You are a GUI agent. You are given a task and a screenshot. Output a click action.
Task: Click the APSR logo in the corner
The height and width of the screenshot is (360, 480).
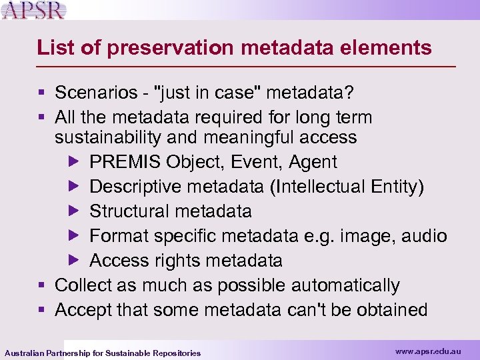(35, 11)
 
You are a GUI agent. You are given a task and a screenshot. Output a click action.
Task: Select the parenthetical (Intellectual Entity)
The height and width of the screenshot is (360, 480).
(347, 187)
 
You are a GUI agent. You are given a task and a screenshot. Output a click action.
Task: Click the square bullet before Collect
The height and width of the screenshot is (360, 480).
(42, 286)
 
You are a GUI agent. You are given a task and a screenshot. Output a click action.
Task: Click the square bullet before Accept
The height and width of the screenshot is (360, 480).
(42, 311)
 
